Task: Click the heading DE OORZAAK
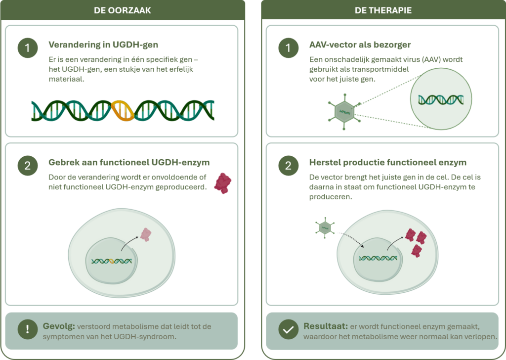[123, 10]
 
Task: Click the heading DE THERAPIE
[383, 10]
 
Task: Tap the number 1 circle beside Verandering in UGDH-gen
[28, 48]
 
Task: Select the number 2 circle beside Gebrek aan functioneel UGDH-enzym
[28, 166]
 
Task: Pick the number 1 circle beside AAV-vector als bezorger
[288, 48]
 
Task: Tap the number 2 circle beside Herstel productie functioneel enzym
[288, 166]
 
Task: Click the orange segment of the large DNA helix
[123, 111]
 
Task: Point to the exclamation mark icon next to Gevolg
[28, 329]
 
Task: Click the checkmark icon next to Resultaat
[288, 329]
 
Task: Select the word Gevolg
[59, 326]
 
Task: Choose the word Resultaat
[326, 326]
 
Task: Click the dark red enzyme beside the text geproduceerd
[223, 183]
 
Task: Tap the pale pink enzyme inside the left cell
[146, 235]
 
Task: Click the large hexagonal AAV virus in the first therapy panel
[344, 111]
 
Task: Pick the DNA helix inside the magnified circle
[441, 100]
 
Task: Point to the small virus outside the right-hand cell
[325, 228]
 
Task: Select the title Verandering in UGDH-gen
[103, 45]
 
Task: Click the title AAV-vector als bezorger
[360, 45]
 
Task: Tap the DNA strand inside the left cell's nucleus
[112, 261]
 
